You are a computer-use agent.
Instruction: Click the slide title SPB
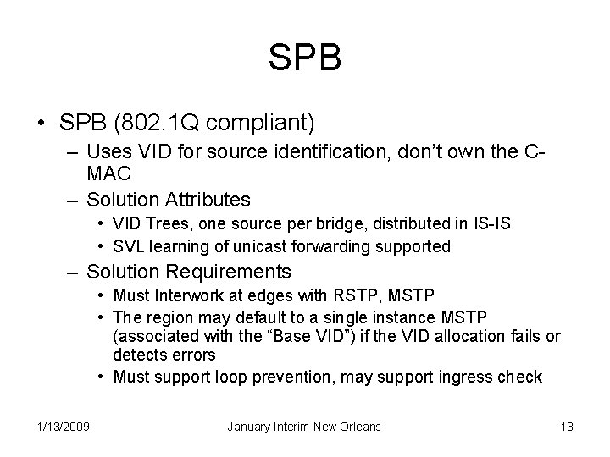(x=305, y=57)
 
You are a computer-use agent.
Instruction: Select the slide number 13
(x=567, y=427)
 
